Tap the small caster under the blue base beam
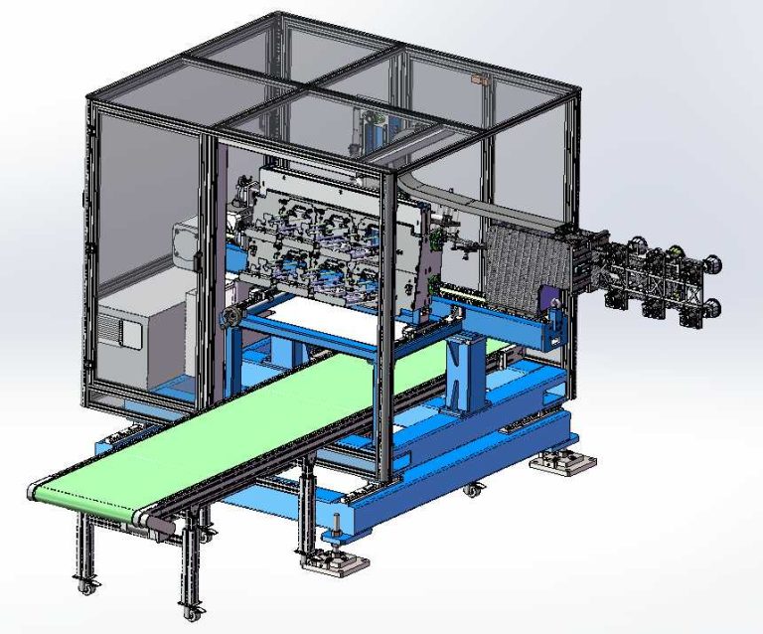[470, 490]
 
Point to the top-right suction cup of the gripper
[711, 264]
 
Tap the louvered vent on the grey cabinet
[116, 332]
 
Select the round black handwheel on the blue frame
[231, 318]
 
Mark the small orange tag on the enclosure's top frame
[478, 77]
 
